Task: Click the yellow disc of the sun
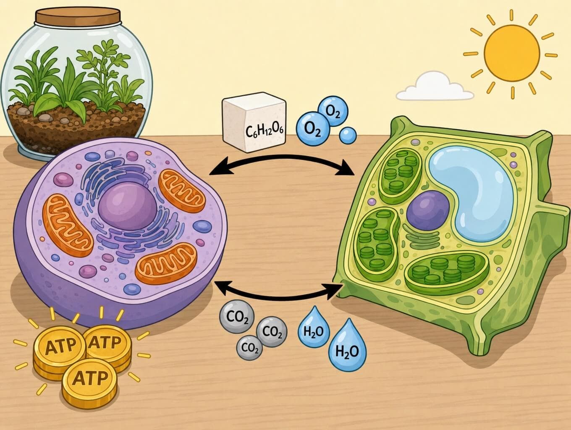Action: [512, 53]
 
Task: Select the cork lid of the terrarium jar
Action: [78, 16]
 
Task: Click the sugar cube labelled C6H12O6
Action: [254, 122]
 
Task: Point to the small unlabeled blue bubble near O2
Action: [348, 135]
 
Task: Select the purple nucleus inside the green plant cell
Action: [428, 210]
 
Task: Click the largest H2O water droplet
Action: [347, 346]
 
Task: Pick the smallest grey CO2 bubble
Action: [249, 348]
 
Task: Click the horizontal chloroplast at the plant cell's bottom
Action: [447, 273]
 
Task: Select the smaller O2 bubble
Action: [333, 111]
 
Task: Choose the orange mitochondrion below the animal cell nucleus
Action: [166, 264]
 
